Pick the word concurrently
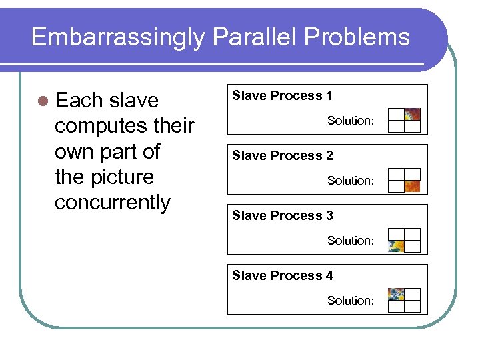112,202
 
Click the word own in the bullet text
73,151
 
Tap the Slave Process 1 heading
282,96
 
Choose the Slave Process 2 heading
282,156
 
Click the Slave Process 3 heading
282,216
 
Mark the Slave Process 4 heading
282,276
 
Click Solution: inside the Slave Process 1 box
350,121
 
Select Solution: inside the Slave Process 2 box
350,181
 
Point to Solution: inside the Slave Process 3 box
350,241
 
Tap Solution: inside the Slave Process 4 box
350,301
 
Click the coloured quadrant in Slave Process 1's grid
413,114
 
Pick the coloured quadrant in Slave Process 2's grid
413,186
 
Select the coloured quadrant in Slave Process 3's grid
397,246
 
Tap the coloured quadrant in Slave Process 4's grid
397,294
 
